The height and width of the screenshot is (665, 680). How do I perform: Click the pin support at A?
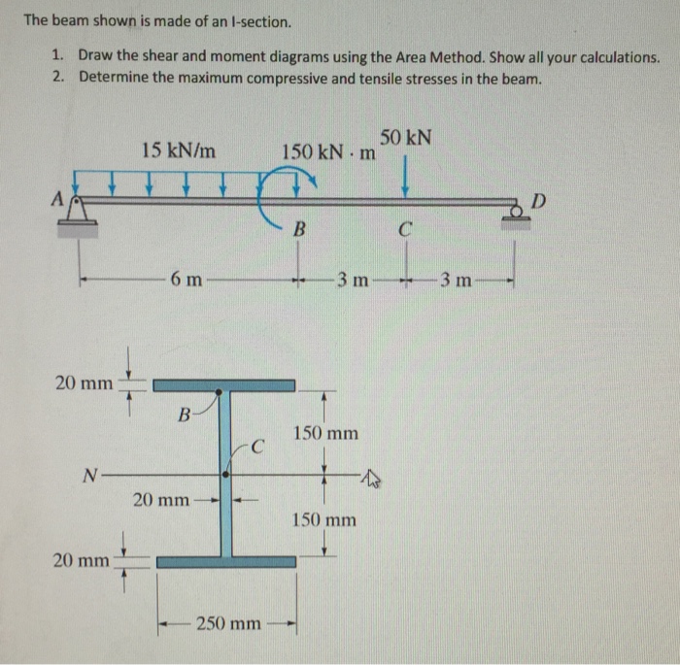click(79, 211)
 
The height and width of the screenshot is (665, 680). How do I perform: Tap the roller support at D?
click(516, 213)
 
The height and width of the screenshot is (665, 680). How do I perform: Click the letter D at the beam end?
click(539, 201)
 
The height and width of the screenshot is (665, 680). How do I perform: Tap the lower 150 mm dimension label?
click(325, 520)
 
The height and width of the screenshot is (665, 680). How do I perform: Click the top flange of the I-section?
click(224, 385)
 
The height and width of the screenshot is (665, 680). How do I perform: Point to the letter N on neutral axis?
click(89, 475)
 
